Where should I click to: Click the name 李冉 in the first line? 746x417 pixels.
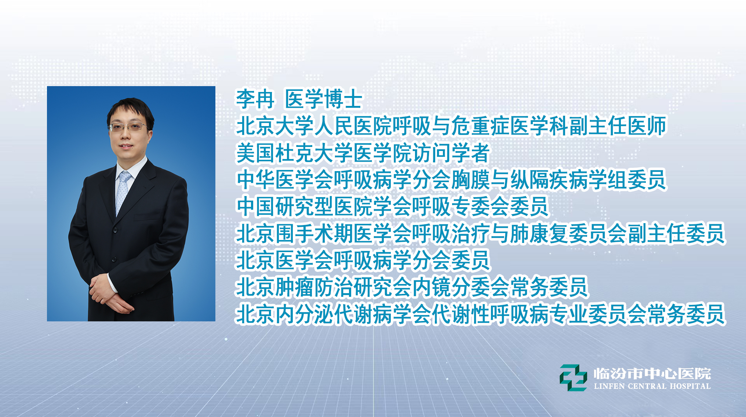pos(255,99)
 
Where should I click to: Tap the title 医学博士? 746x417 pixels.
pos(324,99)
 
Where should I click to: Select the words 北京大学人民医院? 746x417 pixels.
pos(314,126)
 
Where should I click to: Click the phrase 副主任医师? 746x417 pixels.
pos(617,126)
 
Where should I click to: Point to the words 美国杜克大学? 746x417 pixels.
pos(295,153)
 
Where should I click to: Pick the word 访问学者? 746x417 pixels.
pos(451,153)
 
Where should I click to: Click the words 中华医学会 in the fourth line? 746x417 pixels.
pos(285,180)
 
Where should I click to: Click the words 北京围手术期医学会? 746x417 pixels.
pos(324,234)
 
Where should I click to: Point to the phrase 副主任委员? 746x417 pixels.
pos(676,234)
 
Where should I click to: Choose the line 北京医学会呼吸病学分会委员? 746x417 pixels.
pos(363,261)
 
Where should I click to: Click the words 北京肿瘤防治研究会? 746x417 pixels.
pos(324,287)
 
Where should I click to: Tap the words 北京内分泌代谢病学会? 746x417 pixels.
pos(334,314)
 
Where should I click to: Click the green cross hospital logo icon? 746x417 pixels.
pos(573,378)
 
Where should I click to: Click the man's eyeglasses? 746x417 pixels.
pos(129,128)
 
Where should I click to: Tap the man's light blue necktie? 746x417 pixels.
pos(122,192)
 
